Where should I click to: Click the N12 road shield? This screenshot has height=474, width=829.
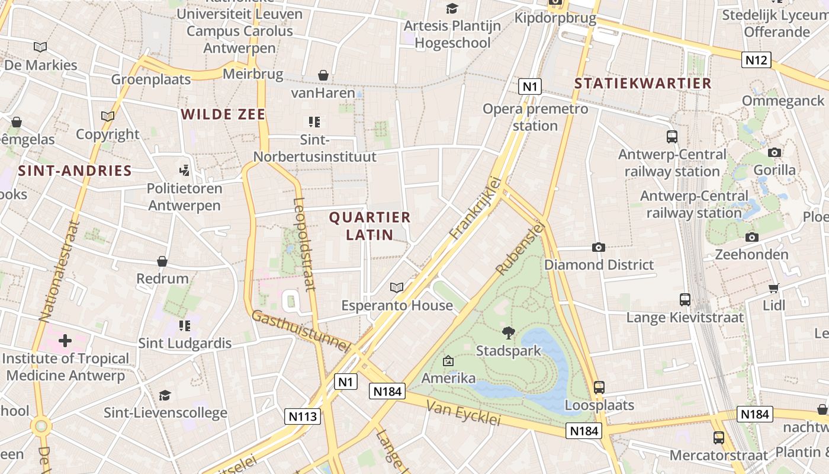[756, 59]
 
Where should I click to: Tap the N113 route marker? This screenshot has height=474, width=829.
[303, 417]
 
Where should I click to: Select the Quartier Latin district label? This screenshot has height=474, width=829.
[369, 226]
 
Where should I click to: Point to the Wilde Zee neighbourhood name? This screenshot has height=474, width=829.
[223, 114]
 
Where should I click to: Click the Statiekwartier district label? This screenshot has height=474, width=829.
[642, 84]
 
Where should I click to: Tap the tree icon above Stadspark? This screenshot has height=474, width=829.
[508, 332]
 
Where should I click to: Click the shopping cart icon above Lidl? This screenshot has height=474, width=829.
[773, 288]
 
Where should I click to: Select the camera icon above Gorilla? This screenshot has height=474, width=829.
[774, 153]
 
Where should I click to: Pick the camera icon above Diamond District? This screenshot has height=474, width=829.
[599, 247]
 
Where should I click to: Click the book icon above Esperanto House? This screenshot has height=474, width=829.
[396, 287]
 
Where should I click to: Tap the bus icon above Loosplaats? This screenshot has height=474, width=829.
[599, 387]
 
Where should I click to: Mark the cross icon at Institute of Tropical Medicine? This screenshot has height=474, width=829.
[65, 340]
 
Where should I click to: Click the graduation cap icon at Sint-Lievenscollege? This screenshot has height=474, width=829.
[165, 395]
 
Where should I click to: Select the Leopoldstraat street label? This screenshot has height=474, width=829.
[303, 244]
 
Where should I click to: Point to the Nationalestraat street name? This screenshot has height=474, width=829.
[58, 271]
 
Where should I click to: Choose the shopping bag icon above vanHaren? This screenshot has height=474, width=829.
[323, 75]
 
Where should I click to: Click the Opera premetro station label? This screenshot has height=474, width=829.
[535, 117]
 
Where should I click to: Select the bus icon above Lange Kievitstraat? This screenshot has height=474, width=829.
[685, 300]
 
